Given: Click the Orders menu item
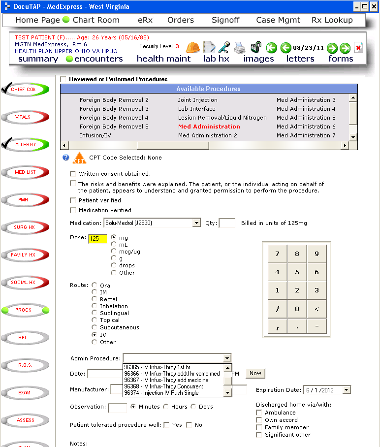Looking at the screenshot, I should (x=181, y=20).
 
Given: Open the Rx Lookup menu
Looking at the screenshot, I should (x=332, y=20).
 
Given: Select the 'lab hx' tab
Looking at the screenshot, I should (x=216, y=59).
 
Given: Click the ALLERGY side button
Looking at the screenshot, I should (x=25, y=145).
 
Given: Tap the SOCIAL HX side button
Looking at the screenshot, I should (x=25, y=283).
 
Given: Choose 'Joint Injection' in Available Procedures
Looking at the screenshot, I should (x=197, y=100).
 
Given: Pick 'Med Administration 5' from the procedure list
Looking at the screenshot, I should (x=306, y=118).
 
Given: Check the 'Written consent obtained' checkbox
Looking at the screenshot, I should (x=73, y=174).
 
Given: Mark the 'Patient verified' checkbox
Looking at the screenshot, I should (x=73, y=200).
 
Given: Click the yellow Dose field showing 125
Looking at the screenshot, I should (x=97, y=239).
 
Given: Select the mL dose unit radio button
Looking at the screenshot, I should (x=114, y=244).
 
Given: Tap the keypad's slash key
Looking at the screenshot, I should (x=278, y=309).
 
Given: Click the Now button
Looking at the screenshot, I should (x=255, y=373).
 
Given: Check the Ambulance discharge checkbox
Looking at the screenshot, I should (x=259, y=413).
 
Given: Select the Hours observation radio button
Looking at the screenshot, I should (x=166, y=407).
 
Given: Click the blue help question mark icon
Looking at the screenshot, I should (x=66, y=158).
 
